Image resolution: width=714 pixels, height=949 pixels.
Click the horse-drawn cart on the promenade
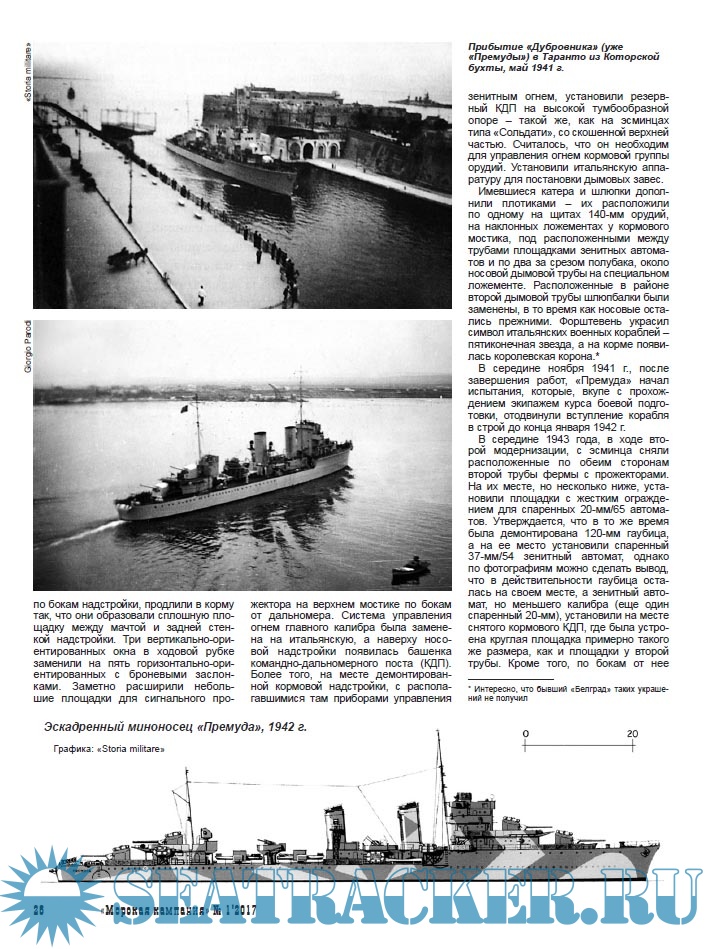pos(129,257)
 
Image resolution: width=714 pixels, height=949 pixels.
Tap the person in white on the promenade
pos(201,295)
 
